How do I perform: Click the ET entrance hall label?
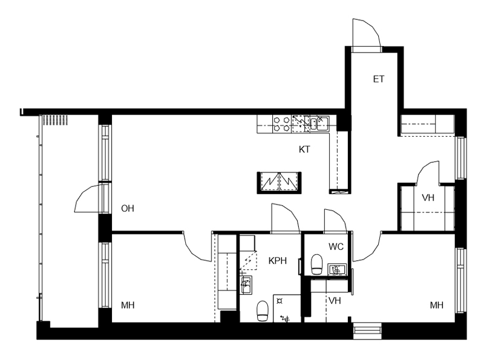[x=379, y=79]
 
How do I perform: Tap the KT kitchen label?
[x=304, y=149]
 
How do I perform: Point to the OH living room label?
[x=128, y=209]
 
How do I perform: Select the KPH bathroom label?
[x=278, y=261]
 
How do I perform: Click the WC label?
[x=336, y=247]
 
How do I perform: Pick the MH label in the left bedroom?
[x=128, y=306]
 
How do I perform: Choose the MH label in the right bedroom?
[x=436, y=306]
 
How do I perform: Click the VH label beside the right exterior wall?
[x=428, y=198]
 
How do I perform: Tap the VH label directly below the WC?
[x=335, y=301]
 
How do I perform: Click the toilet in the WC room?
[x=316, y=264]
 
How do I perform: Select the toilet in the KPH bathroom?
[x=263, y=311]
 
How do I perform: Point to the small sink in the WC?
[x=337, y=269]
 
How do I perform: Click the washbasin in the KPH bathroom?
[x=246, y=285]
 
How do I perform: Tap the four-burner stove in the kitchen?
[x=282, y=124]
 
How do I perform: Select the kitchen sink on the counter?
[x=319, y=123]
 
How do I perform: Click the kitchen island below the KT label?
[x=279, y=183]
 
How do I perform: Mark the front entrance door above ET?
[x=367, y=33]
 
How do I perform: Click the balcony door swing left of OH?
[x=87, y=198]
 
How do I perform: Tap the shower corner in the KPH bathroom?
[x=287, y=309]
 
